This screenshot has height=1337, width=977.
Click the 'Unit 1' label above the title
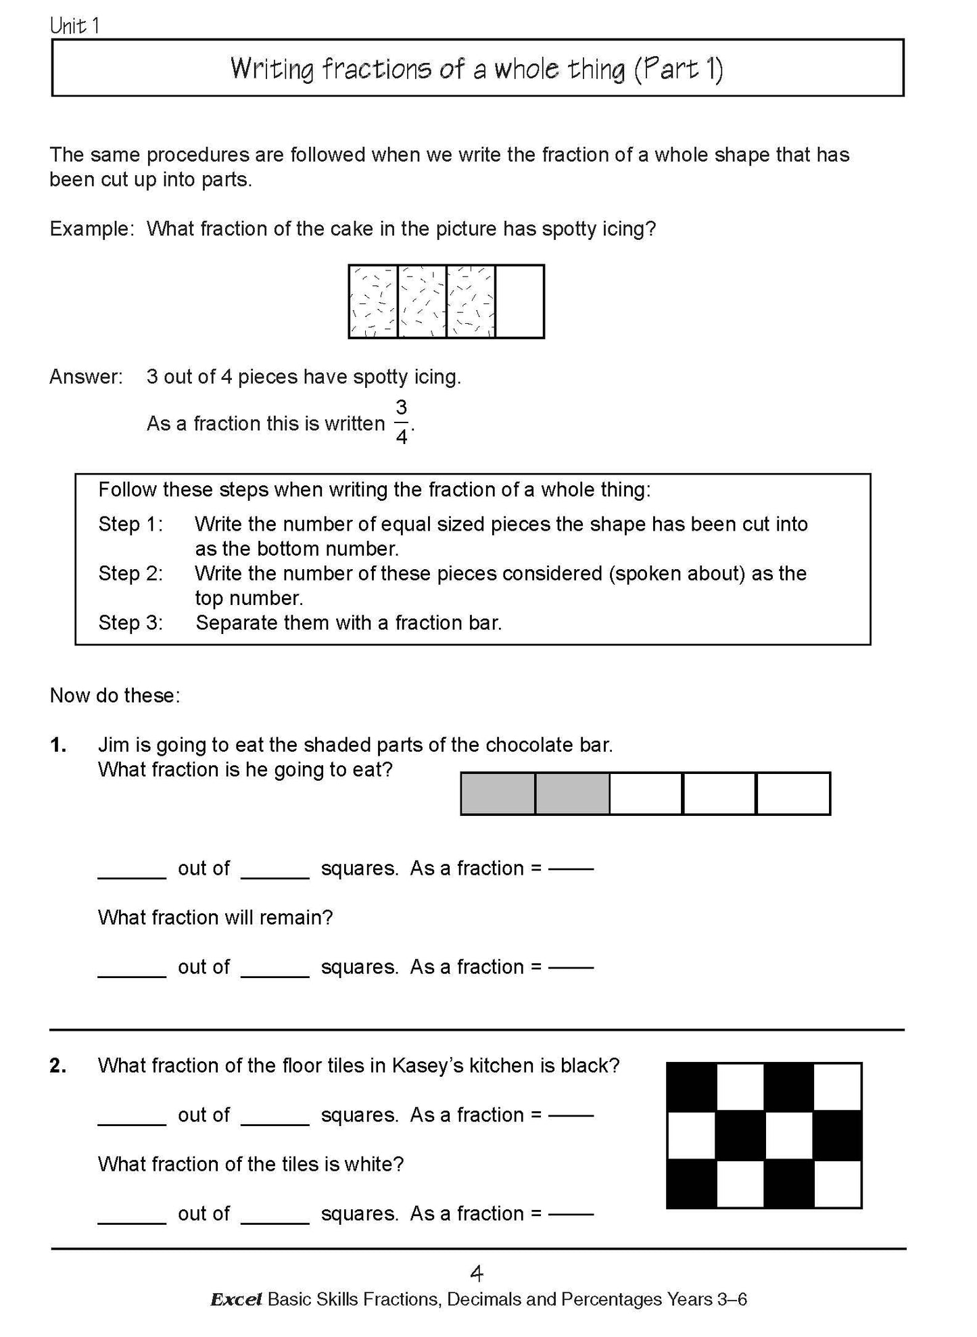(74, 26)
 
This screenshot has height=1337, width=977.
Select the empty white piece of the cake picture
(519, 301)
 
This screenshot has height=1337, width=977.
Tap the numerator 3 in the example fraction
(401, 408)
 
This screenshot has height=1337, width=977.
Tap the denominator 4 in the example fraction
(401, 437)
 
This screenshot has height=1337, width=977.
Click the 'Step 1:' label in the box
(130, 524)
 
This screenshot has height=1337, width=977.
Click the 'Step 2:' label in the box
(130, 573)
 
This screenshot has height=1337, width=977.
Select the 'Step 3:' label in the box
(130, 623)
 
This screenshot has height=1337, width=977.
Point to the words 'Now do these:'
(115, 696)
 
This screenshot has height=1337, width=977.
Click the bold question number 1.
(59, 745)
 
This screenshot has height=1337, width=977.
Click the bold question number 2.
(59, 1066)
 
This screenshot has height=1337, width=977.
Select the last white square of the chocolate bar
(792, 794)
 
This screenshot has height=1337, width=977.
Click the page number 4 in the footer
(477, 1274)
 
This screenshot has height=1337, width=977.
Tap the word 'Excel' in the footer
(236, 1300)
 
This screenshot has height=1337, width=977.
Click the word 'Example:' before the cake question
(92, 228)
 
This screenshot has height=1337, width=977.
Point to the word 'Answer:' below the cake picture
(86, 376)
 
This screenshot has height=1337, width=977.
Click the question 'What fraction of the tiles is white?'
(250, 1164)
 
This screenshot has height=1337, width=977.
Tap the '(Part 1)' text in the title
(678, 69)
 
